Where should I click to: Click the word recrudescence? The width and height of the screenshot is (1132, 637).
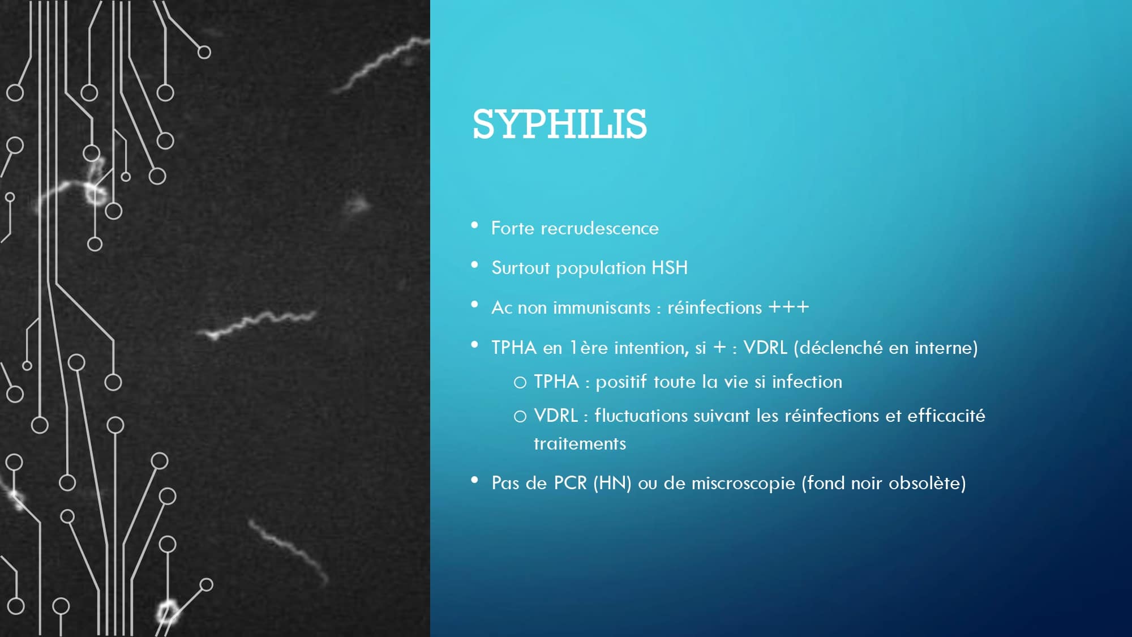point(599,228)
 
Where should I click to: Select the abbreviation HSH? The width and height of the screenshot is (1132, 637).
point(670,268)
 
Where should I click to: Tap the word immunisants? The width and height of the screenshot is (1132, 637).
point(602,307)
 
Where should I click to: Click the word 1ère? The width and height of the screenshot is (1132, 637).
point(589,347)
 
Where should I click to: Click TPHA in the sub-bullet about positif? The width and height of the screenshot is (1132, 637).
point(556,381)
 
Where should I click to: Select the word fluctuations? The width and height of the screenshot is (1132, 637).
point(641,415)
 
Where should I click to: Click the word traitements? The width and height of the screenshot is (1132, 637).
point(580,443)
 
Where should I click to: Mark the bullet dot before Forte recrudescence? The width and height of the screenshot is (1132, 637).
point(475,225)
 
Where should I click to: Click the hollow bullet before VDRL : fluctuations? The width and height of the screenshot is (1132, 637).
point(520,417)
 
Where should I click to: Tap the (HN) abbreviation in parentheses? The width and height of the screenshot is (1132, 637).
point(612,483)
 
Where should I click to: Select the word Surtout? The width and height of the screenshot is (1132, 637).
point(521,268)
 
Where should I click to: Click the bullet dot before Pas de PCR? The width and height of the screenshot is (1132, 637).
point(475,480)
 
